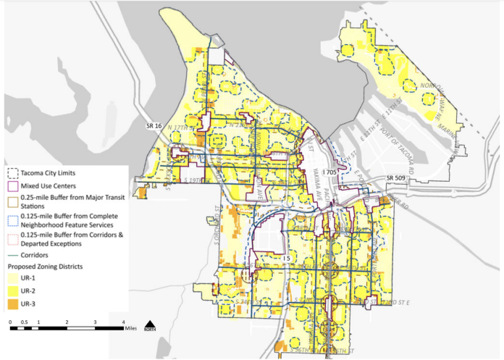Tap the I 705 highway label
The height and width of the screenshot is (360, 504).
tap(330, 172)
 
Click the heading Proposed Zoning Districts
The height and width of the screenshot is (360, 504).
tap(51, 266)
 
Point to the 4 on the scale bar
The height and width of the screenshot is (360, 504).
tap(124, 322)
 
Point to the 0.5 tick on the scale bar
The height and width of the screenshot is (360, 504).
tap(24, 322)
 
